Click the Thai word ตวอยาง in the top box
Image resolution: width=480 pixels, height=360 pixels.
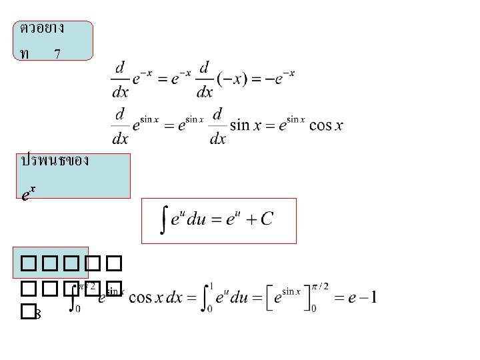(x=41, y=28)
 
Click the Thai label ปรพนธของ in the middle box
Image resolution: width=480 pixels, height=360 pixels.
(x=55, y=161)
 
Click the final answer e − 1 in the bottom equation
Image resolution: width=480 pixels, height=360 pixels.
(x=363, y=297)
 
